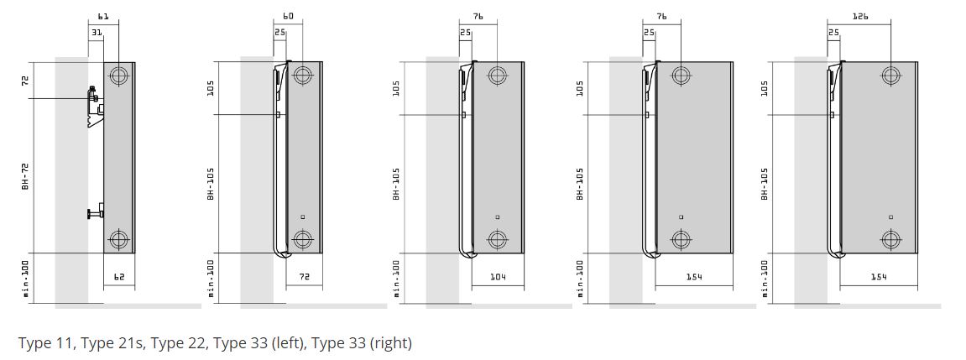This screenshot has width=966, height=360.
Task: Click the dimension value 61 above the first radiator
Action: click(x=103, y=17)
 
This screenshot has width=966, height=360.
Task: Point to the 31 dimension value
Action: click(x=97, y=32)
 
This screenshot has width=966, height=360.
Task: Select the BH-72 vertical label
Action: click(x=26, y=175)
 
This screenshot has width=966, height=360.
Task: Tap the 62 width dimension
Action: click(x=119, y=278)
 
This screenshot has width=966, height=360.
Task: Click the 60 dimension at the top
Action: click(x=288, y=17)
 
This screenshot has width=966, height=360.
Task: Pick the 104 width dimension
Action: click(x=498, y=278)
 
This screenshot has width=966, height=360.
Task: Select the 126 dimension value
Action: click(x=860, y=17)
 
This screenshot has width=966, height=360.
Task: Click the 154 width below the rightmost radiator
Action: click(x=879, y=278)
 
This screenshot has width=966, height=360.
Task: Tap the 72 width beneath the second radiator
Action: click(x=304, y=278)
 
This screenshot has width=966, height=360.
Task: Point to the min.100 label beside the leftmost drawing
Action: click(x=26, y=278)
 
